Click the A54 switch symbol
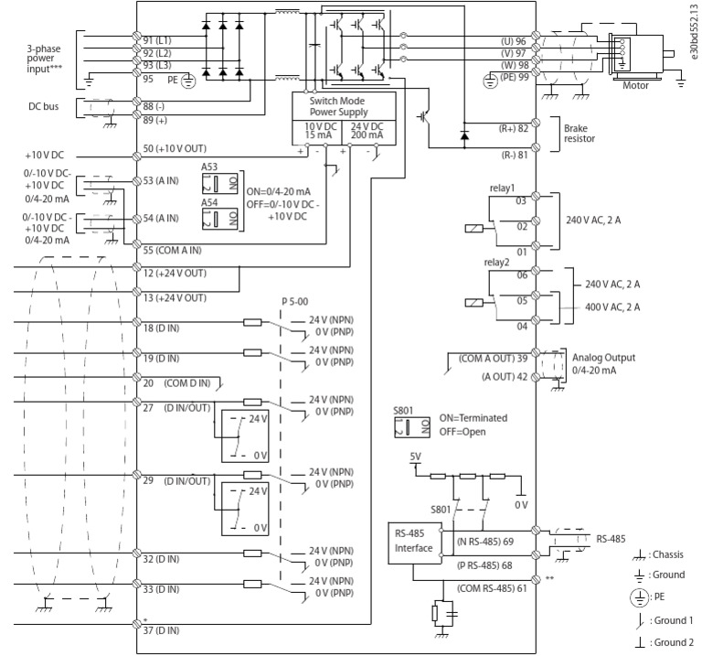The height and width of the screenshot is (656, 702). pyautogui.click(x=211, y=219)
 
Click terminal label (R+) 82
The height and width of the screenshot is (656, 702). pyautogui.click(x=510, y=130)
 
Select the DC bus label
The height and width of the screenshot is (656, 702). pyautogui.click(x=45, y=107)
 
